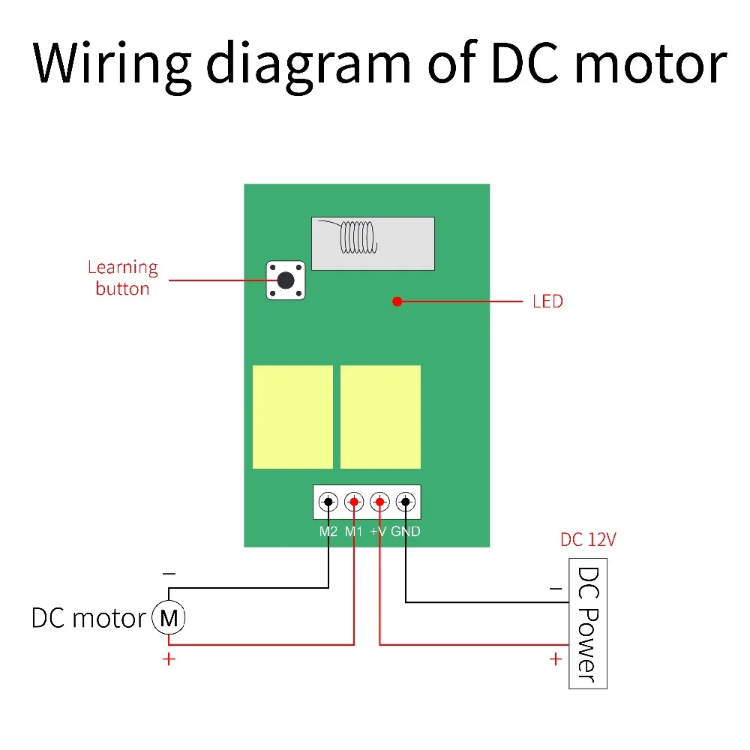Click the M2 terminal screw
328,501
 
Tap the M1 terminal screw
354,501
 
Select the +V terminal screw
379,501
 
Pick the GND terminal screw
405,501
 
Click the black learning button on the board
286,280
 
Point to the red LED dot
397,301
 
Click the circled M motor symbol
169,619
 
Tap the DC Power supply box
588,623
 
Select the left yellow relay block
292,417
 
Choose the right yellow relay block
380,417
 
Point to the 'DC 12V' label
589,540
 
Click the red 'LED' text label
547,301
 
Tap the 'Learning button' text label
122,277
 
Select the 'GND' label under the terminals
406,532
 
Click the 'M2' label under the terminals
328,532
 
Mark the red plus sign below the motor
169,660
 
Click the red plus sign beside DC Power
555,659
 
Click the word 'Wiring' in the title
112,64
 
